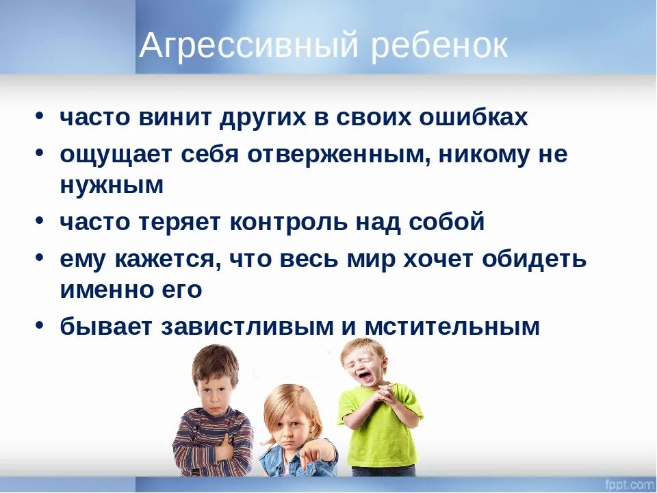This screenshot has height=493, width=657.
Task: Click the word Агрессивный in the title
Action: tap(248, 46)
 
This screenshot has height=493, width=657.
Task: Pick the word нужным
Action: tap(112, 186)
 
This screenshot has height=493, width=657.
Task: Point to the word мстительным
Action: tap(452, 327)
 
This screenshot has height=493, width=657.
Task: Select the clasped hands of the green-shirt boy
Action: tap(385, 396)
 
